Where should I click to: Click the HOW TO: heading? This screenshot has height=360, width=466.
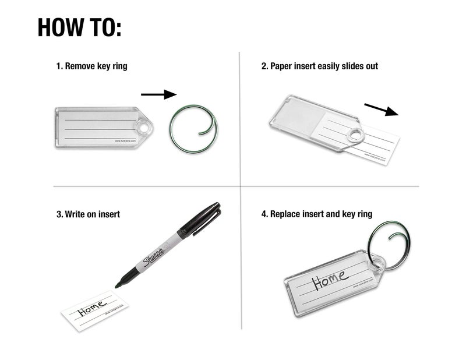tap(79, 27)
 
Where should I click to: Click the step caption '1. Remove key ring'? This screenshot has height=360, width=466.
tap(91, 66)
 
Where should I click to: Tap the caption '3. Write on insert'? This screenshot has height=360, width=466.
tap(88, 214)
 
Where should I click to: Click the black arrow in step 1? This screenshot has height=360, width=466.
tap(158, 94)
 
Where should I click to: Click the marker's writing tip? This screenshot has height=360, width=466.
tap(117, 285)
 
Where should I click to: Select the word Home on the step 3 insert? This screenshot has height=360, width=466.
tap(91, 309)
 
